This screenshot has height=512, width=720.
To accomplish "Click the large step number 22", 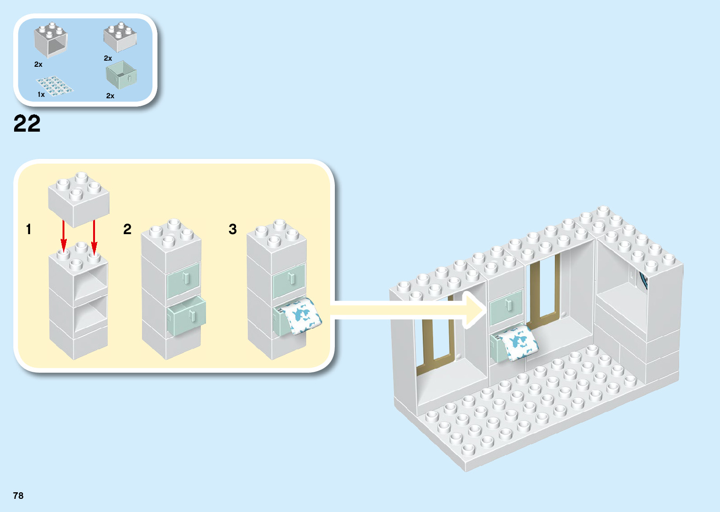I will pyautogui.click(x=27, y=124).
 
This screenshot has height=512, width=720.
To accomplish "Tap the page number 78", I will pyautogui.click(x=18, y=496).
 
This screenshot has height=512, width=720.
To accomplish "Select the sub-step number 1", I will pyautogui.click(x=29, y=229).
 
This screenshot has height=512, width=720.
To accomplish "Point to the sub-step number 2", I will pyautogui.click(x=127, y=229).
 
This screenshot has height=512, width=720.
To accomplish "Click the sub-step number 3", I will pyautogui.click(x=232, y=229).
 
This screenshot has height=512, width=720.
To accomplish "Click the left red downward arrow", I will pyautogui.click(x=63, y=235).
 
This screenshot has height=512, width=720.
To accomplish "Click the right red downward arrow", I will pyautogui.click(x=94, y=235).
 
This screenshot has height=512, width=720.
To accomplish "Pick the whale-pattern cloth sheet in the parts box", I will pyautogui.click(x=55, y=86).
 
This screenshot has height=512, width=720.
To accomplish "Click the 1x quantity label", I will pyautogui.click(x=41, y=95).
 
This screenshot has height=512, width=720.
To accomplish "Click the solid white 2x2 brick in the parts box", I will pyautogui.click(x=120, y=37).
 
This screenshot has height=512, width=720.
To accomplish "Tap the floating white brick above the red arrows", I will pyautogui.click(x=79, y=197).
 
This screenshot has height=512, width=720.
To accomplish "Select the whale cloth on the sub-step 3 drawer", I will pyautogui.click(x=301, y=315).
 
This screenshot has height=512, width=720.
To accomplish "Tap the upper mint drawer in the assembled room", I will pyautogui.click(x=506, y=307).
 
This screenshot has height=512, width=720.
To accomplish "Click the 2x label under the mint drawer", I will pyautogui.click(x=110, y=96).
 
